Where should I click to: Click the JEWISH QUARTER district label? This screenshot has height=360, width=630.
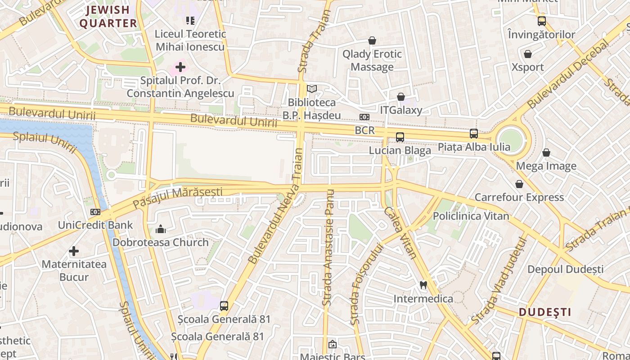108,17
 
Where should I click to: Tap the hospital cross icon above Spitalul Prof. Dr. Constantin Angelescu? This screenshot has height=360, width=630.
180,67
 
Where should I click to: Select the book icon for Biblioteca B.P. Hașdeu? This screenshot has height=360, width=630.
312,89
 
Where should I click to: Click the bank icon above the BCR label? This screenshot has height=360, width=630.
364,117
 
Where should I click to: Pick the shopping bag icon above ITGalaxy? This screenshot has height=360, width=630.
401,97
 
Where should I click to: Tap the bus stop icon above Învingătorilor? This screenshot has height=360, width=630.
541,21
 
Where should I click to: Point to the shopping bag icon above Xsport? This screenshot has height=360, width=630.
528,54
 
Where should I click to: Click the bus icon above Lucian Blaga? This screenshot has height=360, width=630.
400,137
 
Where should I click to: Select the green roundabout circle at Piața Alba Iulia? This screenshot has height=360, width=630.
511,140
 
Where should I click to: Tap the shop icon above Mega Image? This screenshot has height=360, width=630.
546,153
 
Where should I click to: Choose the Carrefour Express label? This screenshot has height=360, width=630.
519,197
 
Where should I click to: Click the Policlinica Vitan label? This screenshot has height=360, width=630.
471,216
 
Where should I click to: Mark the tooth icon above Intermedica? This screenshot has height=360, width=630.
423,285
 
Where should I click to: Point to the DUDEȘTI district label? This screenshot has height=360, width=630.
545,312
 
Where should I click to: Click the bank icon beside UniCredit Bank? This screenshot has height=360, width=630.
95,211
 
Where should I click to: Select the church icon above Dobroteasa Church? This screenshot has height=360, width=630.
161,229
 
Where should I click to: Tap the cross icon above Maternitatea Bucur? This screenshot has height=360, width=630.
74,251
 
